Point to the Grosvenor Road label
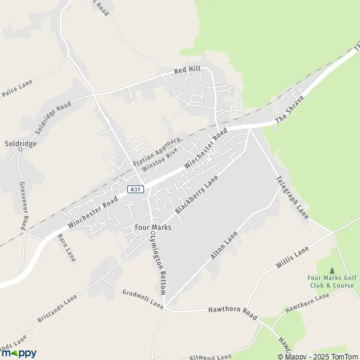23,205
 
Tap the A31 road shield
136,190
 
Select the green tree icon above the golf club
332,271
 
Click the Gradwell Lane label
143,298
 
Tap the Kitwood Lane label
210,356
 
